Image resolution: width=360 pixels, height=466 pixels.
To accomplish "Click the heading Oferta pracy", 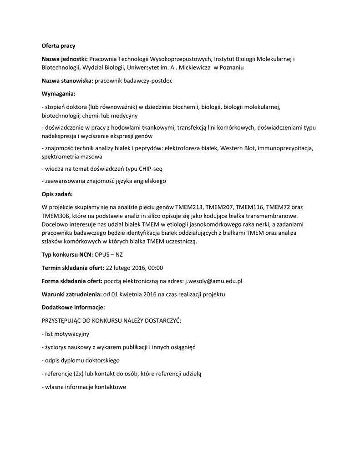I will click(x=59, y=46).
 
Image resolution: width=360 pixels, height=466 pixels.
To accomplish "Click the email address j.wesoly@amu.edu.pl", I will click(x=213, y=281).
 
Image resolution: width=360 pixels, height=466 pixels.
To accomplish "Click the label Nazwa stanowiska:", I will click(x=67, y=81).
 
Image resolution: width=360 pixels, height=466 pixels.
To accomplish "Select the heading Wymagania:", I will click(x=58, y=93).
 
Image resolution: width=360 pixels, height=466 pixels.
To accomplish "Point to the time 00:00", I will click(x=155, y=268).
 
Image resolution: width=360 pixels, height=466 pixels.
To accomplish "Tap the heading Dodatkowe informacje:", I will click(x=73, y=307).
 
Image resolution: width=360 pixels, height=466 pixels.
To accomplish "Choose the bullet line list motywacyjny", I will click(x=66, y=334).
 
